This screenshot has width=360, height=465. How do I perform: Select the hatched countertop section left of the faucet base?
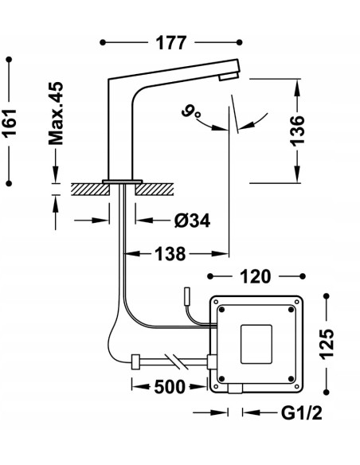88,189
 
